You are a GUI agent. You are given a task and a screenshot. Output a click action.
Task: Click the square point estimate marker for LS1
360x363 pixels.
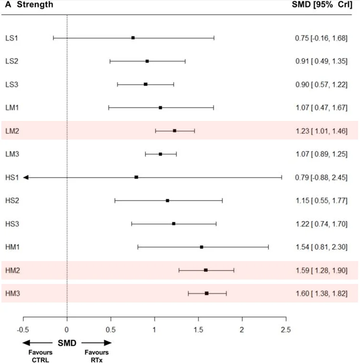pyautogui.click(x=133, y=38)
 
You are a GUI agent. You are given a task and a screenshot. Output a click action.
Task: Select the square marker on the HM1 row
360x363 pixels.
pyautogui.click(x=202, y=247)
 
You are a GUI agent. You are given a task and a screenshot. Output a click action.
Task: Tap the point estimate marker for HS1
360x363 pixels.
pyautogui.click(x=136, y=177)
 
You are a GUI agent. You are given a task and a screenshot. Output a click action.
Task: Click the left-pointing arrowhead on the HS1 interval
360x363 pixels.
pyautogui.click(x=26, y=177)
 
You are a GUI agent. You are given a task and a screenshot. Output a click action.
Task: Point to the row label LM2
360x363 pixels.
pyautogui.click(x=12, y=131)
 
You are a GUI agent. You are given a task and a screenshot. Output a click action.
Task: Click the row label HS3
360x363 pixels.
pyautogui.click(x=12, y=224)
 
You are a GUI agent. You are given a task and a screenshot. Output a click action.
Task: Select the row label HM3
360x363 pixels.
pyautogui.click(x=12, y=293)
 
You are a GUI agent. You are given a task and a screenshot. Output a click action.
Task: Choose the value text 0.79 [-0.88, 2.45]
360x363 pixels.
pyautogui.click(x=321, y=178)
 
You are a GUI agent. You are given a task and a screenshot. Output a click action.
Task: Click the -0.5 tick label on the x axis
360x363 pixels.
pyautogui.click(x=23, y=330)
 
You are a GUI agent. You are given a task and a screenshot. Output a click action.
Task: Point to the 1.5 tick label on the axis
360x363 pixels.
pyautogui.click(x=198, y=330)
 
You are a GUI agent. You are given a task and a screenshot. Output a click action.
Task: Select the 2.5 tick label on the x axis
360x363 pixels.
pyautogui.click(x=286, y=330)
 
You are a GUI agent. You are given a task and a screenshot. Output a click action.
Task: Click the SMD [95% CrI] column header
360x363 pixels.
pyautogui.click(x=322, y=5)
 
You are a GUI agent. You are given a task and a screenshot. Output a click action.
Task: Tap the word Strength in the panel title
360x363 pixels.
pyautogui.click(x=35, y=4)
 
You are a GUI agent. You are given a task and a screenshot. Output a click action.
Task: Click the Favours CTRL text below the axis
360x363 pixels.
pyautogui.click(x=41, y=356)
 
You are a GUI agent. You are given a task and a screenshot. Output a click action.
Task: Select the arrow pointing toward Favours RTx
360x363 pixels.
pyautogui.click(x=97, y=343)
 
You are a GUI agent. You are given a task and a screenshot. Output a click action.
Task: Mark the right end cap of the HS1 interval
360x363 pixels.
pyautogui.click(x=282, y=177)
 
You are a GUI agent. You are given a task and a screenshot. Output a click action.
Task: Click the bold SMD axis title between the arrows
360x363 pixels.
pyautogui.click(x=67, y=343)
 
